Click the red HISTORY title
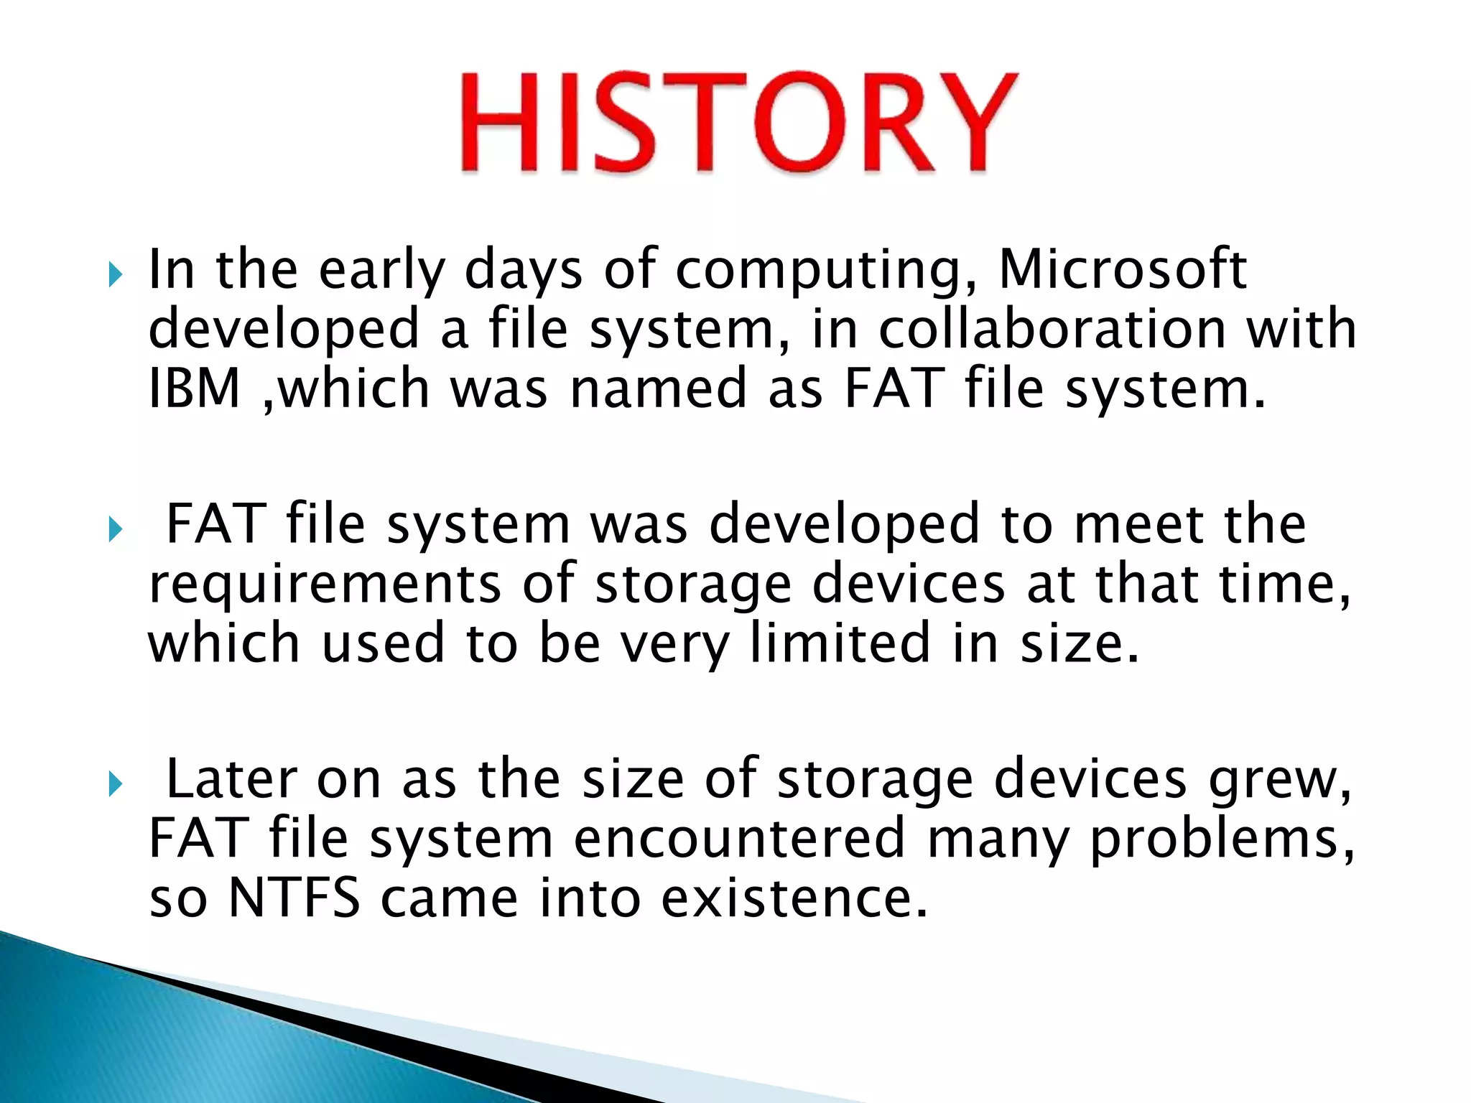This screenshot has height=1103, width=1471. (738, 122)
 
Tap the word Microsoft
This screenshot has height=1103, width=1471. (1123, 269)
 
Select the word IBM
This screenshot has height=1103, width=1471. (194, 388)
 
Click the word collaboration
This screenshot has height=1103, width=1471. (1052, 329)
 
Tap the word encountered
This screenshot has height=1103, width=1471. (739, 838)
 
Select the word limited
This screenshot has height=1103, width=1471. (840, 643)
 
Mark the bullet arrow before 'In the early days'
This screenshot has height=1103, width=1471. (116, 274)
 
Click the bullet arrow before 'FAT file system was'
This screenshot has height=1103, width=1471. (116, 530)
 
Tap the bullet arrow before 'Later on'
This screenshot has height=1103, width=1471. (116, 784)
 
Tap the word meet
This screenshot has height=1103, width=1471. (1138, 524)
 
